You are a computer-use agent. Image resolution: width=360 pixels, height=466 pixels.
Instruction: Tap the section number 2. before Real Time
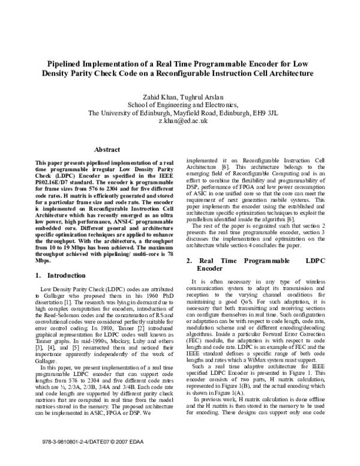click(x=188, y=261)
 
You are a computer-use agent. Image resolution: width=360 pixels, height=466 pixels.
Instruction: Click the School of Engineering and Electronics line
click(x=180, y=103)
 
